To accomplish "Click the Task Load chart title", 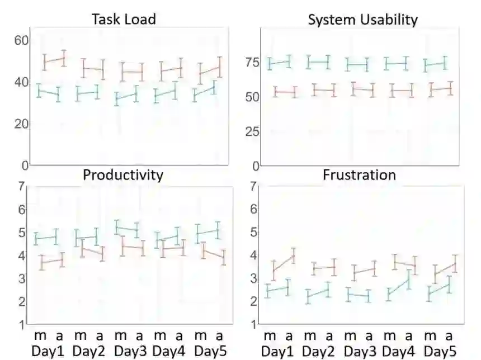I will tap(123, 19).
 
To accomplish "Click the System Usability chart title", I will tap(362, 20).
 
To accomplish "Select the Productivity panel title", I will tap(123, 175).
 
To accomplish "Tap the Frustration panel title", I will tap(359, 175).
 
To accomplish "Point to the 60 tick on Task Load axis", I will tap(21, 40).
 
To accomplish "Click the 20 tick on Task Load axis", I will tap(21, 124).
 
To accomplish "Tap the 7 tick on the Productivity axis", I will tap(21, 186).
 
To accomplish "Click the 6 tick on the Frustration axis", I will tap(253, 209).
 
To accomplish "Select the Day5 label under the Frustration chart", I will tap(440, 352).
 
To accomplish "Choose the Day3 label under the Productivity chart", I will tap(131, 352).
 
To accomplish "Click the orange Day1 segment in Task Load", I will tap(55, 60).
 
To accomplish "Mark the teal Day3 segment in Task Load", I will tap(126, 97).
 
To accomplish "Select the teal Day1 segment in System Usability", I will tap(280, 63).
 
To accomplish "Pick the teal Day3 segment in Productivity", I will tap(127, 228).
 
